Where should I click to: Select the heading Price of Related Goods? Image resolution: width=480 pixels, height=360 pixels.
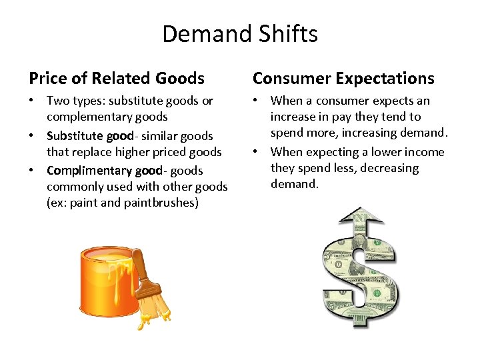117,79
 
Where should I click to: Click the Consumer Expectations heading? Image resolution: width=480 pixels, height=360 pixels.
343,79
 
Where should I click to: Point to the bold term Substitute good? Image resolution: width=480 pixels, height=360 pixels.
90,136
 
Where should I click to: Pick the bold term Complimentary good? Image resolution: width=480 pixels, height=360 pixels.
105,171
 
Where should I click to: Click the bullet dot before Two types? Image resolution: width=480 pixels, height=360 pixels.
32,101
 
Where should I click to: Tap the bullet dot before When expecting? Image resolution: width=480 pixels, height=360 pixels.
256,152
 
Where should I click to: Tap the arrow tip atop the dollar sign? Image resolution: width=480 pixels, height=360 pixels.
360,212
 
